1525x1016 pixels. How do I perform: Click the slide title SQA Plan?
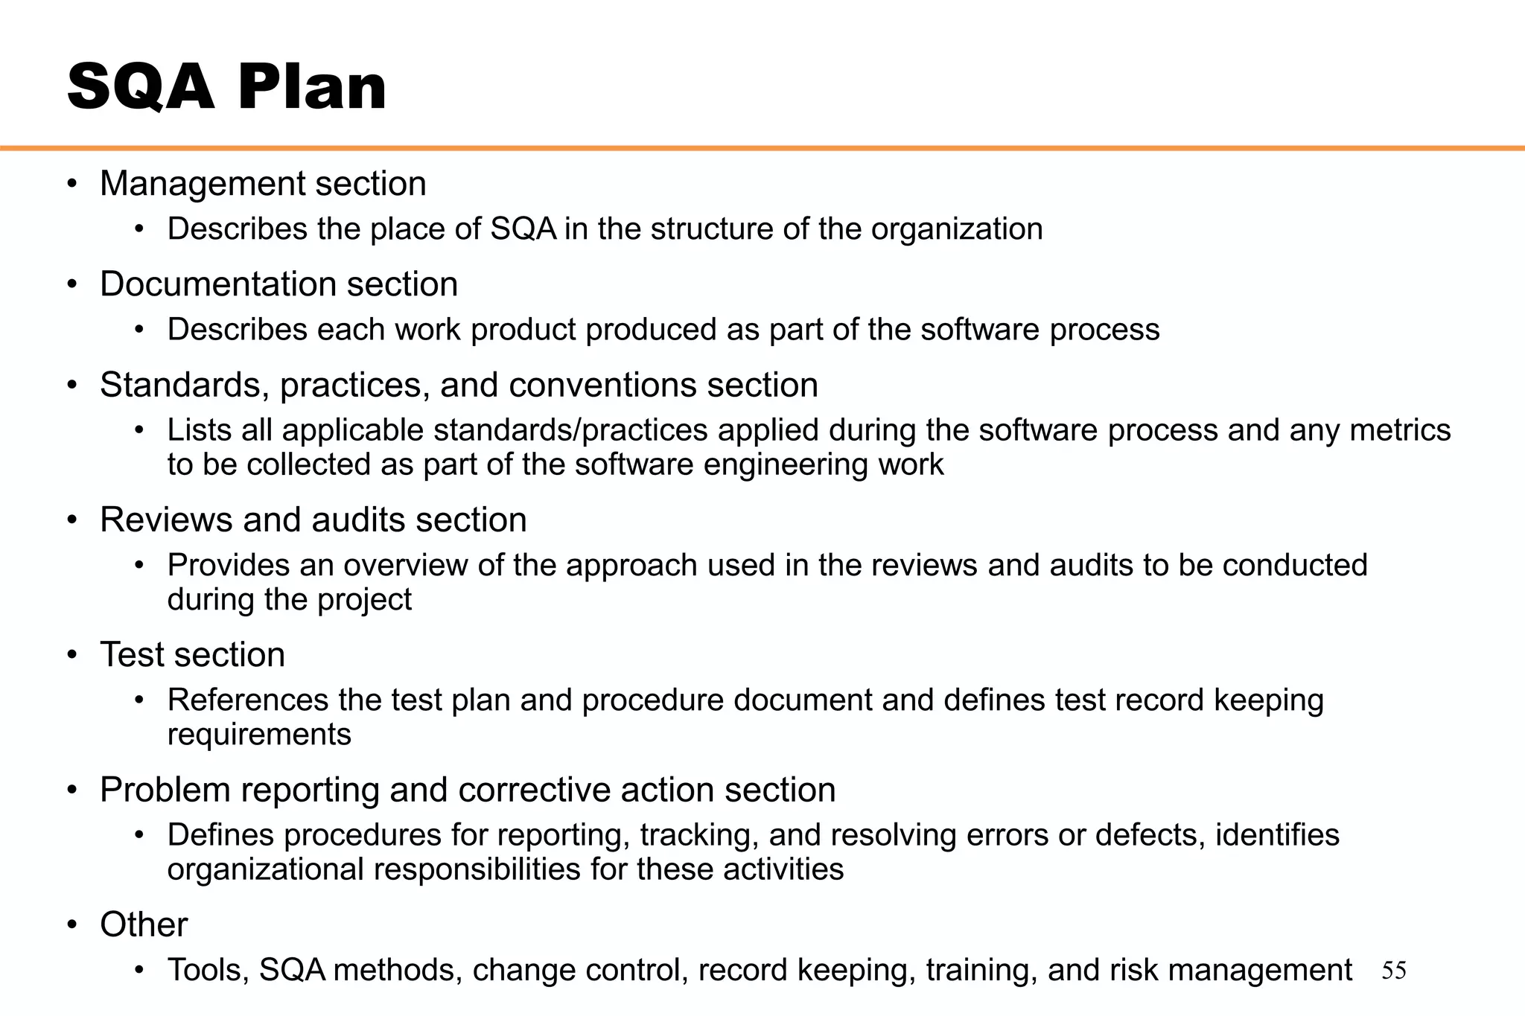(226, 88)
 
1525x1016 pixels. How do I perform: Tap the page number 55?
(1393, 971)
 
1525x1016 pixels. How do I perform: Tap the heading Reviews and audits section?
(313, 520)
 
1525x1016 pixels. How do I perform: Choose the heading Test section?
(192, 655)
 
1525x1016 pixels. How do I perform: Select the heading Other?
(144, 924)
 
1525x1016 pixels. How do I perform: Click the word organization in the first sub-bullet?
(957, 229)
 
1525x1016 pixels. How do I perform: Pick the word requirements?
(259, 735)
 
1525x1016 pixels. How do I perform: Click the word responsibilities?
(477, 869)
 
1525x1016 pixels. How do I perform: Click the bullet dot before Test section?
(71, 655)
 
